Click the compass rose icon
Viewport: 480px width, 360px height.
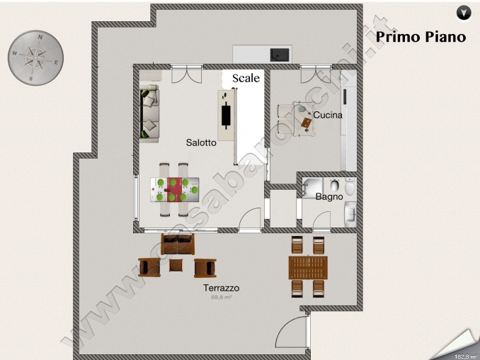tap(35, 59)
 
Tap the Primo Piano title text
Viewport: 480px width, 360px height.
tap(421, 37)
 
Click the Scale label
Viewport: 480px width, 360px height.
tap(246, 78)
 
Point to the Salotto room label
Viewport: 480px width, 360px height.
tap(201, 142)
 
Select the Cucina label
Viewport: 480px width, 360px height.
tap(328, 115)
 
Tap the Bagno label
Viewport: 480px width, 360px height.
tap(329, 196)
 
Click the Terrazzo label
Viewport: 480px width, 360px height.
tap(221, 288)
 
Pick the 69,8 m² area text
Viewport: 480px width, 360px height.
tap(221, 298)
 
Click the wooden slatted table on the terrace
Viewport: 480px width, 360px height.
tap(308, 267)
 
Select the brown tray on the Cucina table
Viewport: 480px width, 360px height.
tap(306, 123)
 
